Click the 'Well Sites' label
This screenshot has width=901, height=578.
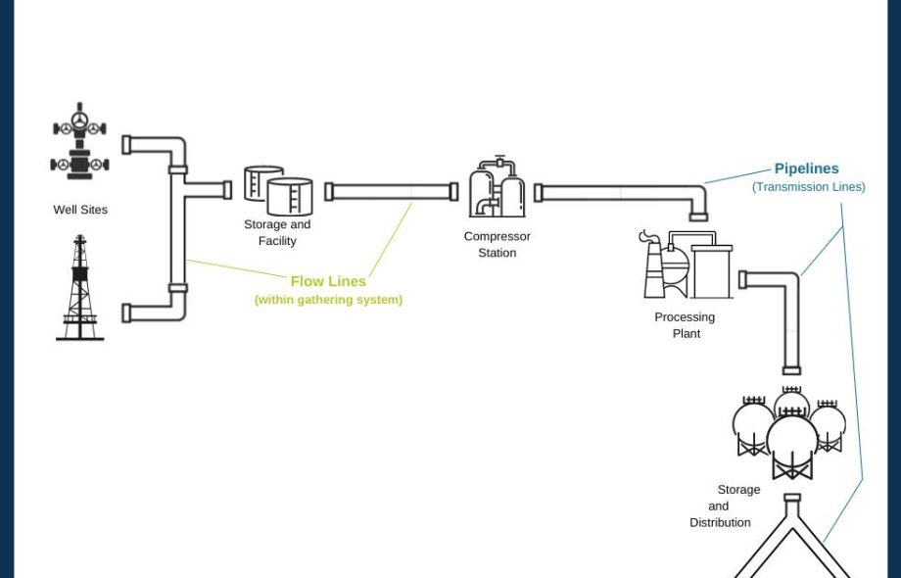tap(80, 210)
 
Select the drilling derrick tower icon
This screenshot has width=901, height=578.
tap(79, 288)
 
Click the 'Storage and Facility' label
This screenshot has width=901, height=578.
tap(277, 233)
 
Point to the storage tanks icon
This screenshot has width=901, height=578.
tap(278, 190)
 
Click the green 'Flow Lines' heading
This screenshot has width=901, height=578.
tap(328, 281)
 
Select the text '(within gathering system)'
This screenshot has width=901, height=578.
tap(328, 300)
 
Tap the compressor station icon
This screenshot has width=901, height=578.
tap(497, 188)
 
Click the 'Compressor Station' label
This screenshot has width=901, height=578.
tap(498, 245)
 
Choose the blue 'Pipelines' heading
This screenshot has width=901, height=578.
tap(806, 169)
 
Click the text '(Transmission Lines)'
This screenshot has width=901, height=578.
tap(808, 187)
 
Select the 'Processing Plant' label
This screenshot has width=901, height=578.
tap(686, 325)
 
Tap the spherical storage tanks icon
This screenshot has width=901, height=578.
tap(789, 432)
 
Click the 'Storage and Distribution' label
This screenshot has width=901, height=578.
tap(723, 506)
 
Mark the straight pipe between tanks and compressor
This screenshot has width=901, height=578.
tap(391, 192)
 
